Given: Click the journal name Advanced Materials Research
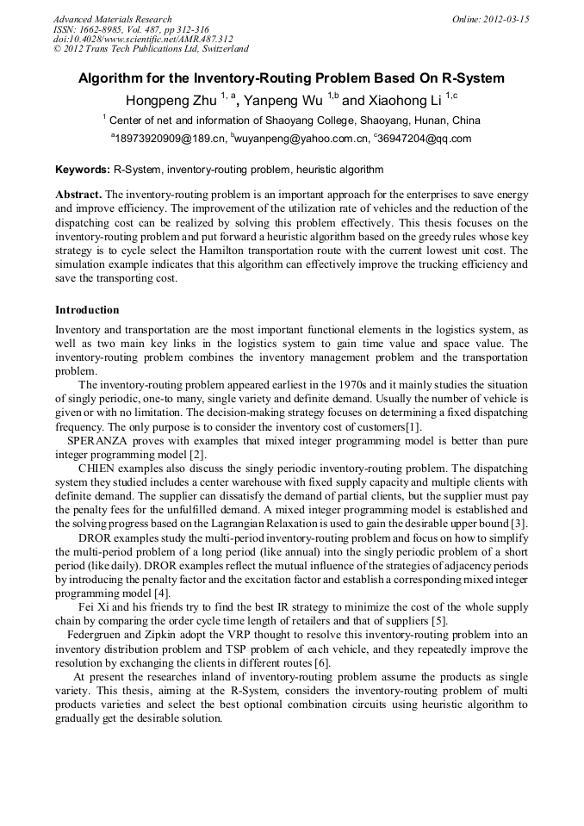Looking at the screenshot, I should pyautogui.click(x=112, y=19).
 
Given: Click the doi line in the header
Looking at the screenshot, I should pyautogui.click(x=143, y=39).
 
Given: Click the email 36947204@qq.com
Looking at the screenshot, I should pyautogui.click(x=426, y=138).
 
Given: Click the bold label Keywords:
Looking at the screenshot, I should pyautogui.click(x=82, y=171).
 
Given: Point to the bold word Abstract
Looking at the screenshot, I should pyautogui.click(x=78, y=195).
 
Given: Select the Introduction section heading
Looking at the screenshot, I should pyautogui.click(x=87, y=309).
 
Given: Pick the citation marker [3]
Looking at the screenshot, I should pyautogui.click(x=519, y=524).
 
